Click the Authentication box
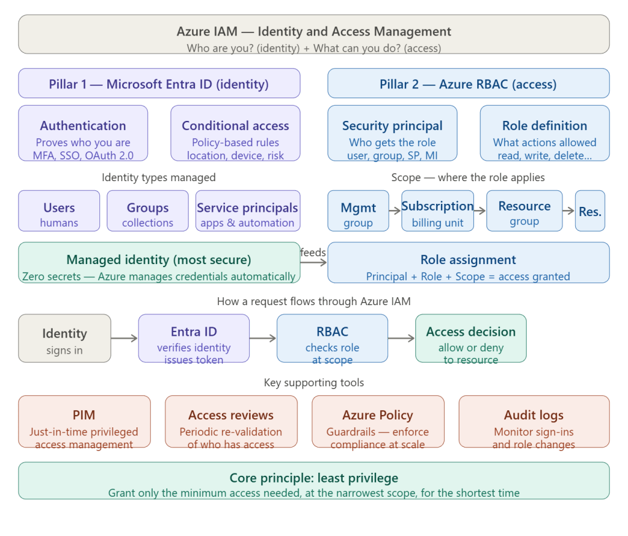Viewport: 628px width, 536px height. pyautogui.click(x=83, y=133)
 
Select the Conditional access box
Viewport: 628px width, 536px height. pyautogui.click(x=235, y=133)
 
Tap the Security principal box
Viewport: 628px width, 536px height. pyautogui.click(x=392, y=133)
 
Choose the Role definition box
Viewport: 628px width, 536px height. pyautogui.click(x=545, y=133)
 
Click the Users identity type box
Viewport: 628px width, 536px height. pyautogui.click(x=59, y=211)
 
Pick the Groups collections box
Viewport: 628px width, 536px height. pyautogui.click(x=147, y=211)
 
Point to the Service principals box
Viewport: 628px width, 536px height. pyautogui.click(x=247, y=211)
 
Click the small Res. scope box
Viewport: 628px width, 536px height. pyautogui.click(x=590, y=211)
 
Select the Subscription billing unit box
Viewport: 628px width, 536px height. pyautogui.click(x=437, y=211)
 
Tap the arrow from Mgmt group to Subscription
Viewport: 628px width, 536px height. pyautogui.click(x=395, y=211)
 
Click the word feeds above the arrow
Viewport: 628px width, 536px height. pyautogui.click(x=313, y=252)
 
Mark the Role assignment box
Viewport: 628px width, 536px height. pyautogui.click(x=468, y=263)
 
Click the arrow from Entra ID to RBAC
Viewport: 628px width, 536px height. pyautogui.click(x=263, y=338)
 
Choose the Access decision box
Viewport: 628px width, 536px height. pyautogui.click(x=470, y=338)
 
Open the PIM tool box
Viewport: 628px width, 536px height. pyautogui.click(x=84, y=422)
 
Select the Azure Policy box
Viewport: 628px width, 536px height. pyautogui.click(x=377, y=422)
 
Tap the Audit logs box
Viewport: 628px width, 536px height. pyautogui.click(x=534, y=422)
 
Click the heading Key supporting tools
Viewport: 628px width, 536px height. pyautogui.click(x=313, y=383)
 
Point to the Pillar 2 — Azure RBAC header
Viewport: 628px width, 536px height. pyautogui.click(x=468, y=84)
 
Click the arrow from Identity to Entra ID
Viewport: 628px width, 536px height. pyautogui.click(x=124, y=338)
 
